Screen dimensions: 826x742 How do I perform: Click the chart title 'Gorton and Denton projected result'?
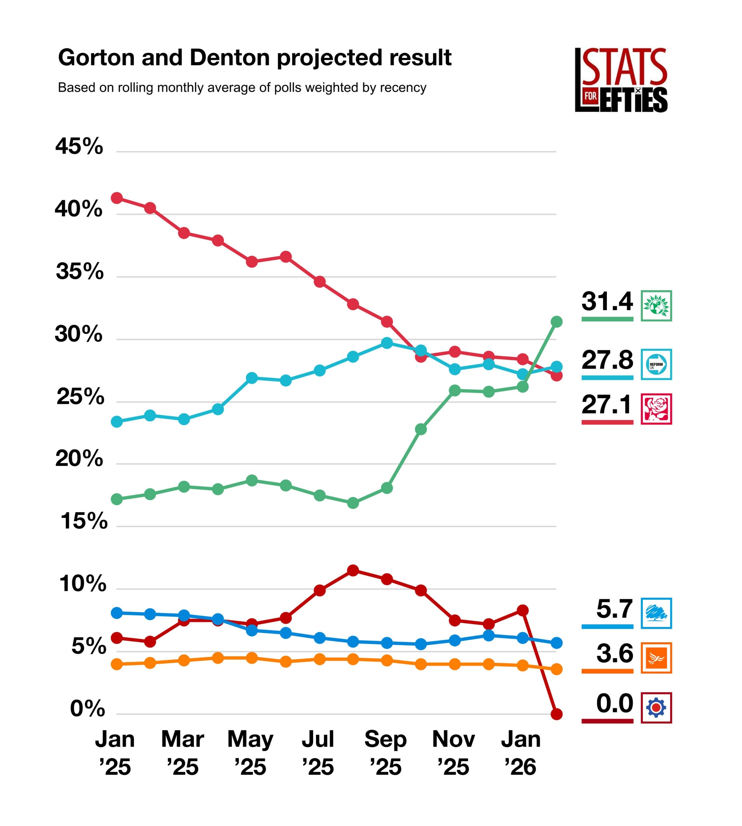click(254, 57)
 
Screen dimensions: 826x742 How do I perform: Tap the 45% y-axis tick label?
click(79, 146)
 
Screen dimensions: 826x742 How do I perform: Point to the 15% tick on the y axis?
click(84, 521)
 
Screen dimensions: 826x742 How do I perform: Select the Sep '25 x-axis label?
click(385, 752)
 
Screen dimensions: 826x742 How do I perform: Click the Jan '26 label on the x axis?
click(521, 752)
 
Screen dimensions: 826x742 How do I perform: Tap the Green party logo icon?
click(656, 306)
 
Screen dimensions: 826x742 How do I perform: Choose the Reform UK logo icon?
click(656, 364)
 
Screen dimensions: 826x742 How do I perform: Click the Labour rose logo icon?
click(656, 409)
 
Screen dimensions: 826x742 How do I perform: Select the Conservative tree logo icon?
click(656, 613)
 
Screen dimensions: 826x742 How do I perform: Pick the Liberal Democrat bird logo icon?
click(656, 658)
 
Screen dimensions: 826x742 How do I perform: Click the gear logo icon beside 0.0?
click(656, 708)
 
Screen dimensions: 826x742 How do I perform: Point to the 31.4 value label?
click(607, 301)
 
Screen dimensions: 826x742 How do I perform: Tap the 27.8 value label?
click(607, 360)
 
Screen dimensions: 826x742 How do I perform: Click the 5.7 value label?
click(614, 609)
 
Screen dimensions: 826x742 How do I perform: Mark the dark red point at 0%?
click(556, 714)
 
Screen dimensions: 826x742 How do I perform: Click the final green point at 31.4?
click(556, 321)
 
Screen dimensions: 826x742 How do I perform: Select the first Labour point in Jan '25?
click(117, 198)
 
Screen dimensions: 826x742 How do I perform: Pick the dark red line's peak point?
click(353, 571)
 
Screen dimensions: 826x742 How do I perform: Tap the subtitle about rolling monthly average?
click(242, 88)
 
